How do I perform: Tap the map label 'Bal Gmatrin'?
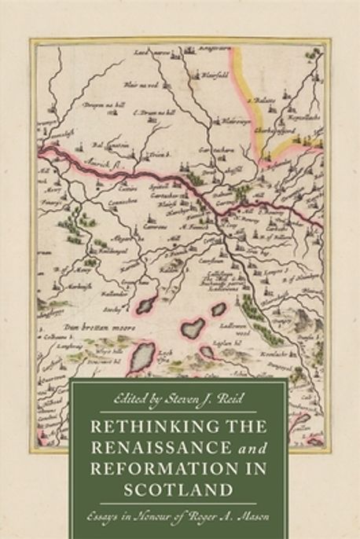click(97, 145)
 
